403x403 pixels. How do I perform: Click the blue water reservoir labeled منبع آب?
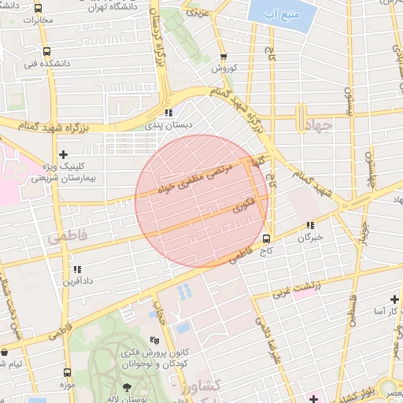tap(271, 13)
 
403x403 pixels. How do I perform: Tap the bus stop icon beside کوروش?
tap(224, 57)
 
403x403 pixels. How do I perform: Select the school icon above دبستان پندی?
tap(168, 113)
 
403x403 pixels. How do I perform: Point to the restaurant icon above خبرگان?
tap(310, 224)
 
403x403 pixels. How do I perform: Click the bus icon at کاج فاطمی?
tap(265, 238)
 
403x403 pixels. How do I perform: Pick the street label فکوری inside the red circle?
tap(245, 206)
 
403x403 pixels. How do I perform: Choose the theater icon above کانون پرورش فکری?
tap(154, 341)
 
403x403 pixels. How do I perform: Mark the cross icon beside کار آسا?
tap(394, 300)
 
